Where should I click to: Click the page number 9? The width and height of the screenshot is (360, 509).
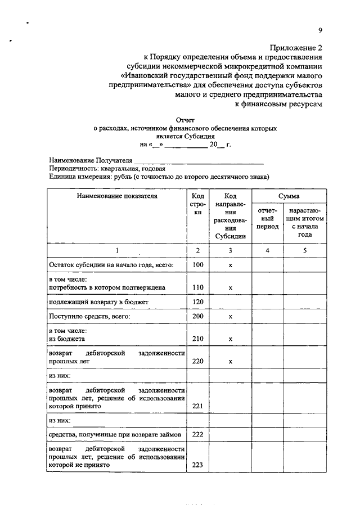click(319, 30)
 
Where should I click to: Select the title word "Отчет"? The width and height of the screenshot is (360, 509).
click(185, 120)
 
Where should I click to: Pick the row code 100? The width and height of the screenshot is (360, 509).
click(197, 264)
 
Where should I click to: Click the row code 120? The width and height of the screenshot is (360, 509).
click(197, 302)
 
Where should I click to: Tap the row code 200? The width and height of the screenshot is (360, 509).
click(197, 317)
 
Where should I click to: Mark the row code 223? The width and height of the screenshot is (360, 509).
click(197, 465)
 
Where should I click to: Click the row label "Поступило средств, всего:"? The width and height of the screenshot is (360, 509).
click(90, 317)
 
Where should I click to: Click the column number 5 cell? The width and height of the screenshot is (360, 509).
click(304, 250)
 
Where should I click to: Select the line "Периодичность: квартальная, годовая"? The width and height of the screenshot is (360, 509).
click(107, 168)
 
